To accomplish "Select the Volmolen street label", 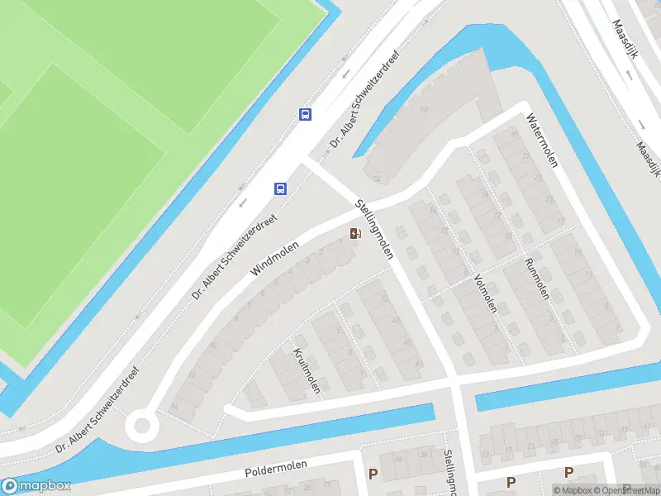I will pos(485,293).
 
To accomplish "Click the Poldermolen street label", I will pos(276,469).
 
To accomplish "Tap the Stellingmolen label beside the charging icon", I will pos(373,229).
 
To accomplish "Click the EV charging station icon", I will pos(355,234).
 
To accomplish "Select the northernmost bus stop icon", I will pos(306,115).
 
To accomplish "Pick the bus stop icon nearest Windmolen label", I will pos(281,188).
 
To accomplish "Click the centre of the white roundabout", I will pos(141,426).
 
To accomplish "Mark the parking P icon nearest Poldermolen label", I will pos(373,475).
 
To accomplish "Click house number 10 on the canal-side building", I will pos(424,109).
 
